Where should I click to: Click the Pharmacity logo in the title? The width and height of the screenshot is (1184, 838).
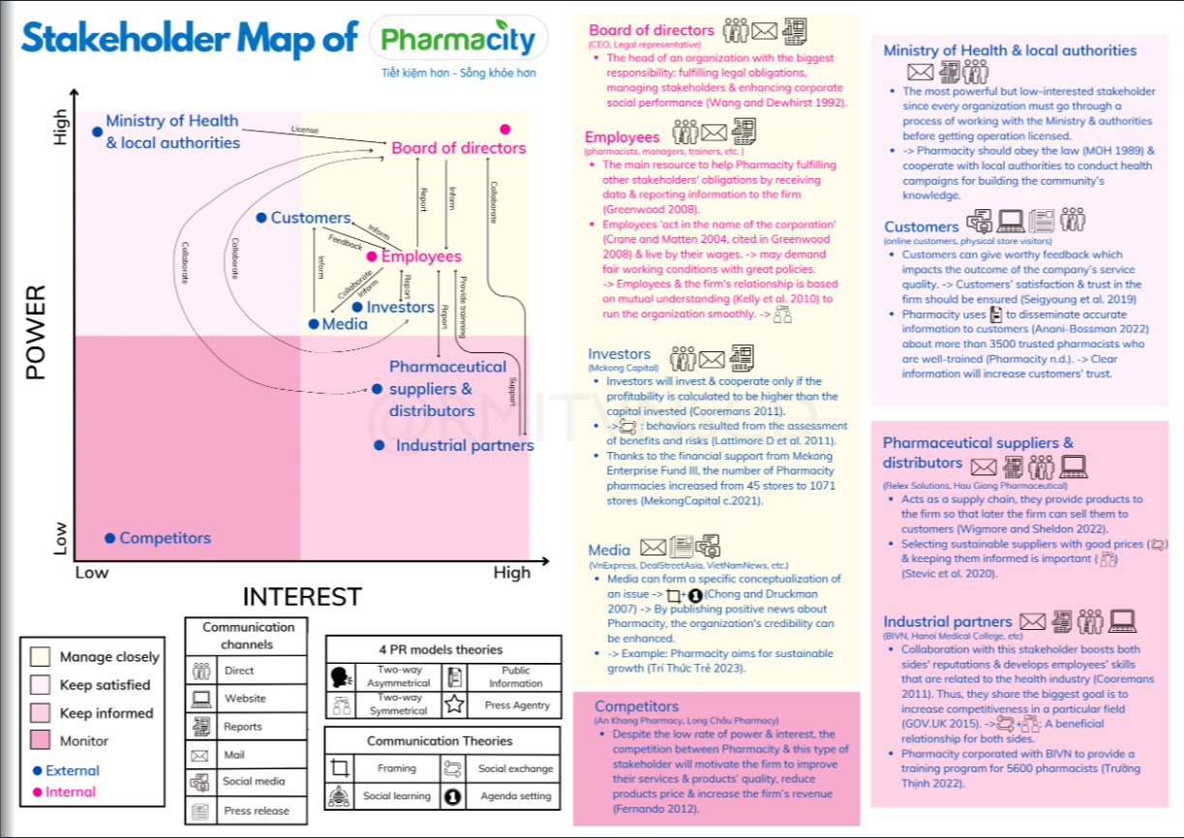click(x=458, y=40)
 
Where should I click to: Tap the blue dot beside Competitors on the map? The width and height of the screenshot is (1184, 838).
click(x=110, y=538)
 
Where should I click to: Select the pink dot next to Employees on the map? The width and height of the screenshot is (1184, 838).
click(x=372, y=256)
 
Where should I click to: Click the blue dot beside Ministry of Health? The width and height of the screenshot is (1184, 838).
click(x=97, y=132)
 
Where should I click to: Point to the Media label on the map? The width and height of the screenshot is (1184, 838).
click(x=345, y=324)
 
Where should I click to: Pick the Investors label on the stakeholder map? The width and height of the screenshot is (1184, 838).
click(x=401, y=307)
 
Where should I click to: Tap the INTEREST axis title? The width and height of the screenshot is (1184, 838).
click(x=302, y=596)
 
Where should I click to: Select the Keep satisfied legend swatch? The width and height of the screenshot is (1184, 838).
click(x=41, y=685)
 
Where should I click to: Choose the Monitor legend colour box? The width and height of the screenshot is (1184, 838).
click(x=41, y=741)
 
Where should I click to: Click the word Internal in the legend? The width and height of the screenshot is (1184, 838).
click(x=71, y=792)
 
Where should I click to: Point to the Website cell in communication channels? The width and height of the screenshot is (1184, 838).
click(x=245, y=698)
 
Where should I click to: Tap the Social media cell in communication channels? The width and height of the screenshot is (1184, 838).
click(x=253, y=782)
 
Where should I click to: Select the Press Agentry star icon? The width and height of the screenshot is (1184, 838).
click(x=453, y=704)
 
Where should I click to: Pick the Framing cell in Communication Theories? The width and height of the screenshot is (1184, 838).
click(x=396, y=768)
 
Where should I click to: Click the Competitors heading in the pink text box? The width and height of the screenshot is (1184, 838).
click(x=636, y=706)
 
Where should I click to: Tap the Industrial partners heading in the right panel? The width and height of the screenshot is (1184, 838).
click(x=947, y=621)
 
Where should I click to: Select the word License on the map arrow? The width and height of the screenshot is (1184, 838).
click(x=304, y=130)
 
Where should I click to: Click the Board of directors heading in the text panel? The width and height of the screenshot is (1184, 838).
click(x=651, y=30)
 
